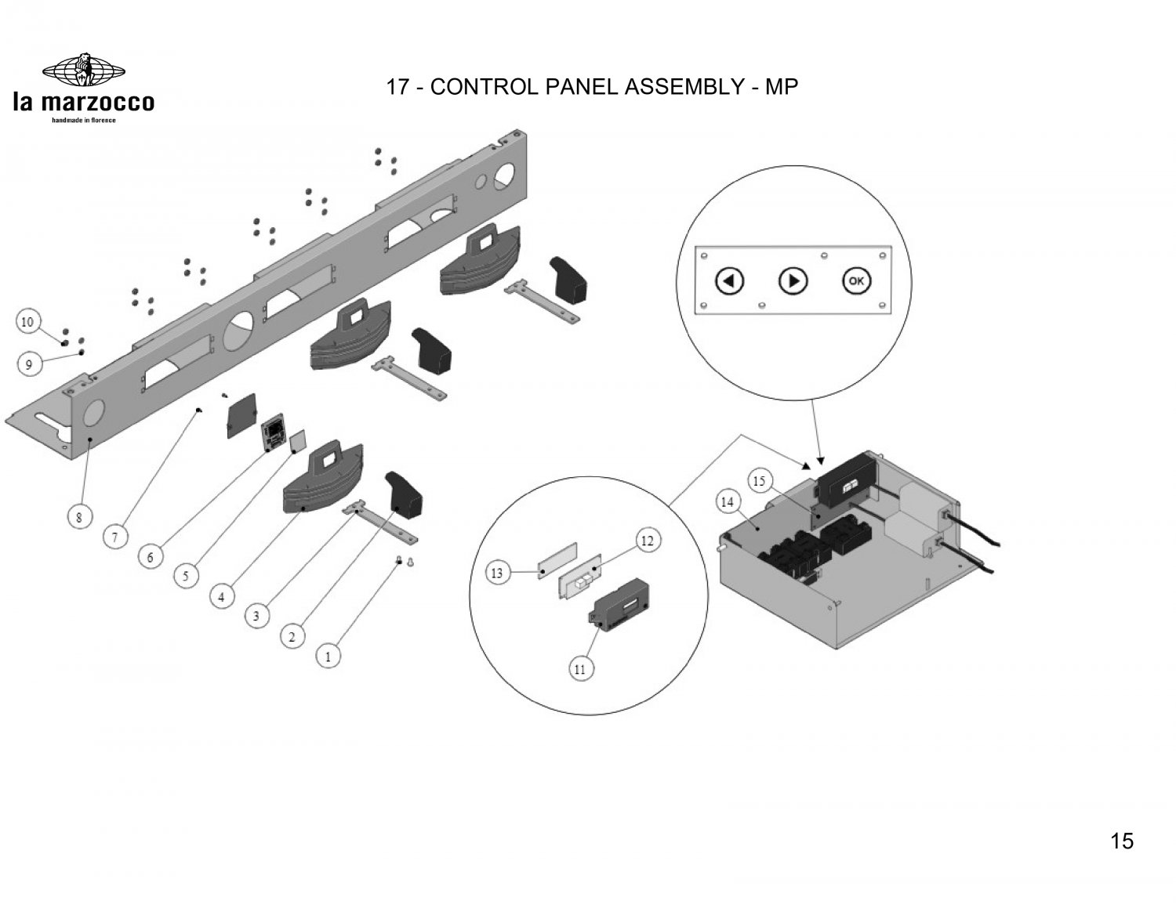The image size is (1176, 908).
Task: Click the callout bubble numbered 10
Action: pos(28,322)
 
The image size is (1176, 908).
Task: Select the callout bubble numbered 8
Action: pos(78,517)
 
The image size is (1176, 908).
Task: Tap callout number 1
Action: pos(328,655)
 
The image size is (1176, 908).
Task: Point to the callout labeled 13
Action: pos(497,573)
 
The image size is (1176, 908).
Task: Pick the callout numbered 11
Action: pos(580,669)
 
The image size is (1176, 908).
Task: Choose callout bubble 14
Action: pos(728,501)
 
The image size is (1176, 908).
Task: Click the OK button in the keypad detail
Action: pos(855,280)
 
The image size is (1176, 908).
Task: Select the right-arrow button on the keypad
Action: pos(793,280)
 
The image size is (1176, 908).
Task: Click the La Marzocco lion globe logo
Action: pos(83,70)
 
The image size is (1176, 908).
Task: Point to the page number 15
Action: pos(1122,841)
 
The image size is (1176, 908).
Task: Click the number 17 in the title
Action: pos(397,87)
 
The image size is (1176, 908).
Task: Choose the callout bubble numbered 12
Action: pos(647,541)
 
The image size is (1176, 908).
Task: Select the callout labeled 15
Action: pos(759,481)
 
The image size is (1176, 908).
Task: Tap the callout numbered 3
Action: pos(256,616)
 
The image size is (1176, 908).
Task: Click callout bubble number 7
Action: pos(115,537)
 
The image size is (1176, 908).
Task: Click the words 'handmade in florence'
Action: pos(83,121)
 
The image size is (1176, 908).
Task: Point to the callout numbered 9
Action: pos(28,364)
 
